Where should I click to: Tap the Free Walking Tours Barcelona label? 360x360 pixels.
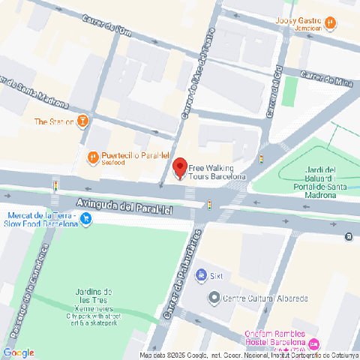(x=217, y=172)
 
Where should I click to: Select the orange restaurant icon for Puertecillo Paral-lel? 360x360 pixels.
(x=91, y=157)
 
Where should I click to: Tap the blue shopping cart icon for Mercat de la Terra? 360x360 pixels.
(x=86, y=219)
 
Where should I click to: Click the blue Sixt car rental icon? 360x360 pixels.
(x=200, y=275)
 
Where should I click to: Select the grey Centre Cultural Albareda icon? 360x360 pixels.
(x=214, y=298)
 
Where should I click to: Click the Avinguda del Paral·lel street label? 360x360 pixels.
(x=124, y=206)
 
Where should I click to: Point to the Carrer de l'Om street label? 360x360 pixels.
(x=107, y=30)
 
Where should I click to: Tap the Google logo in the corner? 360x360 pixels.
(x=19, y=352)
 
